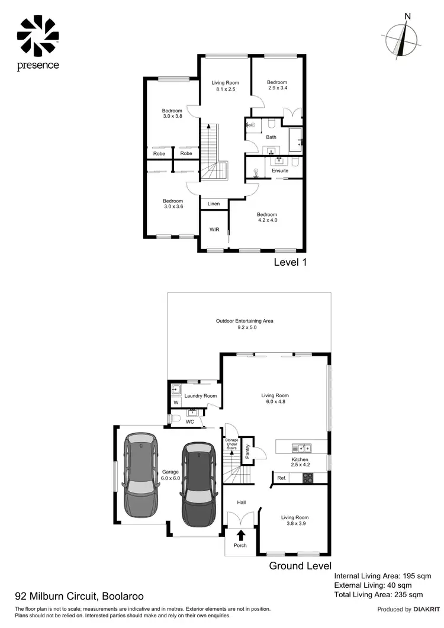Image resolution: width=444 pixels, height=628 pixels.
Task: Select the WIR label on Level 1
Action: click(214, 230)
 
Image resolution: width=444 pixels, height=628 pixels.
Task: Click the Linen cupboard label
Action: click(214, 204)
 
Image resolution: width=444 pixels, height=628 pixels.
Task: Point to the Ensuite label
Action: click(280, 170)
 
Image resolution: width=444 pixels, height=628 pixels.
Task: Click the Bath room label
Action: click(271, 137)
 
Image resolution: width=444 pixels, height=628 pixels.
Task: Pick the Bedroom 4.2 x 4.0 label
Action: click(266, 218)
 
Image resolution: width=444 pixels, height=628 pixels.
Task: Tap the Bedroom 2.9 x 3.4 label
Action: click(276, 85)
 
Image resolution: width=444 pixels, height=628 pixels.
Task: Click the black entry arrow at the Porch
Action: click(240, 536)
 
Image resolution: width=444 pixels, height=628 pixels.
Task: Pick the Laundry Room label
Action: click(200, 396)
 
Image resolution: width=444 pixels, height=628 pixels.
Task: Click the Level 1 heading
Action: click(289, 262)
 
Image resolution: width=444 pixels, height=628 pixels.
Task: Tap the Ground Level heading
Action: click(300, 566)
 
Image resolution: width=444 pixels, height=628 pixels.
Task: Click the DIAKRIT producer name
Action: click(426, 609)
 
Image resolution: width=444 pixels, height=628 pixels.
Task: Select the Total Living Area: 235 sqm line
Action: click(378, 594)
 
